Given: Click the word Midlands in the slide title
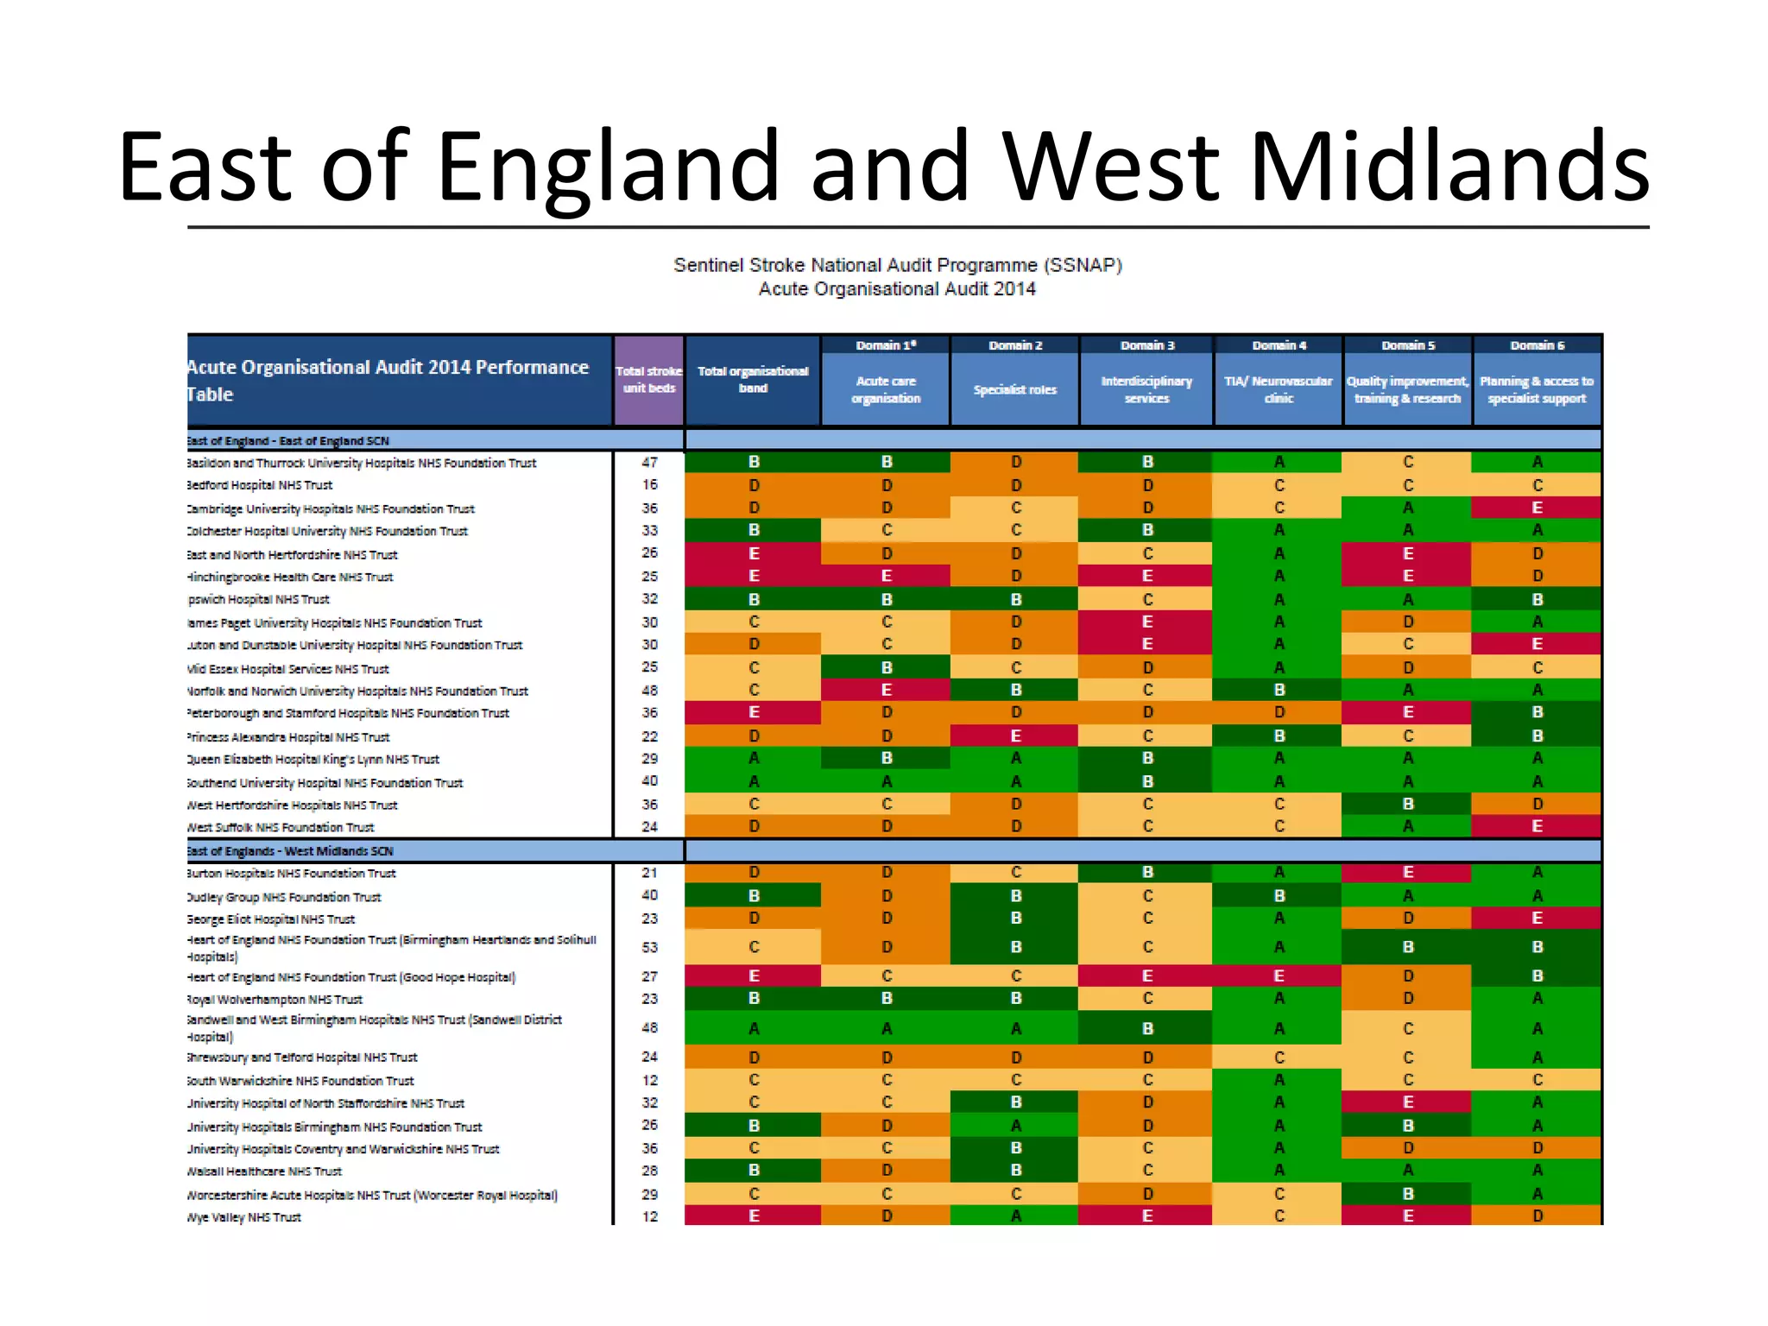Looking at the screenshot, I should point(1449,166).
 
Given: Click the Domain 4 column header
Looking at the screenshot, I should point(1279,345).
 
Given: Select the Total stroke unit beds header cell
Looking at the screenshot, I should point(648,380).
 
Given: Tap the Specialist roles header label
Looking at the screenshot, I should point(1014,390).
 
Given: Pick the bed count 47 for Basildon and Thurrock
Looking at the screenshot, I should point(649,463).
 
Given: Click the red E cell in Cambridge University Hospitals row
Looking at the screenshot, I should point(1537,508).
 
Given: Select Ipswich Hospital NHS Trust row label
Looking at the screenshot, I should point(259,599).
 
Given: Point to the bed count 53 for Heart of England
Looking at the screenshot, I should point(649,948).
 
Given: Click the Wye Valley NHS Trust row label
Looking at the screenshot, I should point(245,1217).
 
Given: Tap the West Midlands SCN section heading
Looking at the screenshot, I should point(291,851).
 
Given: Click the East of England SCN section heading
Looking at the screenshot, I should point(289,441).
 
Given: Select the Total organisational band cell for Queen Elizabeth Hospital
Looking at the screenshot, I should point(754,758).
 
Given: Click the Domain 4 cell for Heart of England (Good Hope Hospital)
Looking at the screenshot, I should point(1279,976).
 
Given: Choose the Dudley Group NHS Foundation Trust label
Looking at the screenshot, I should point(285,897).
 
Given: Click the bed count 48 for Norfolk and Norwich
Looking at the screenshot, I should point(649,691).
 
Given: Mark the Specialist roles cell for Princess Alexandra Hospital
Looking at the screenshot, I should point(1015,736).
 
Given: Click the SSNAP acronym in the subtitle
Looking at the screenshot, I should point(1083,265).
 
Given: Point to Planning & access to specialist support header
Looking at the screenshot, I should point(1537,389).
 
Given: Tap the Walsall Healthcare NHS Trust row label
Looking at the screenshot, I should point(265,1171).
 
